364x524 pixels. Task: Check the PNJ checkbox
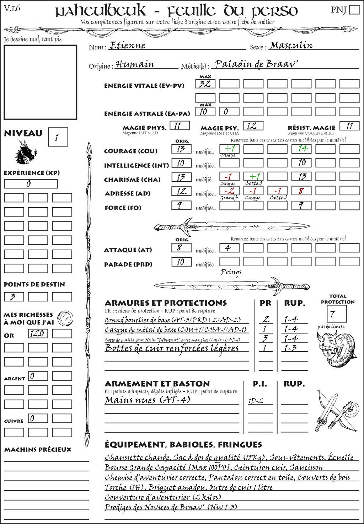(354, 10)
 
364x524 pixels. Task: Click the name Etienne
(128, 46)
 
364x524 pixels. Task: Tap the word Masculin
(291, 46)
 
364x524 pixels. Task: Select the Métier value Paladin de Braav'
(256, 64)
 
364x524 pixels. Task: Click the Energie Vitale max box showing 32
(205, 84)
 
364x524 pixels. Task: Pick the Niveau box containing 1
(58, 137)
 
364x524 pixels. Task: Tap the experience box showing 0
(31, 184)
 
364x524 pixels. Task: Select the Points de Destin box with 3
(14, 296)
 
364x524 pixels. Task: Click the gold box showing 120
(38, 333)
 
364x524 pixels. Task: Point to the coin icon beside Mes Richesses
(65, 318)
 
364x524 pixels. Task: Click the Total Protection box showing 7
(336, 314)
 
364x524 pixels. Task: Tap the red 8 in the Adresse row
(301, 191)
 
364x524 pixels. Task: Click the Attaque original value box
(181, 247)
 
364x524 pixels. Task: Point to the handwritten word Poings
(231, 272)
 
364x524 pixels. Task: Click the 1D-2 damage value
(256, 401)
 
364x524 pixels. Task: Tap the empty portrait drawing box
(41, 82)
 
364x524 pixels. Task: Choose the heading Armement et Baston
(157, 384)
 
